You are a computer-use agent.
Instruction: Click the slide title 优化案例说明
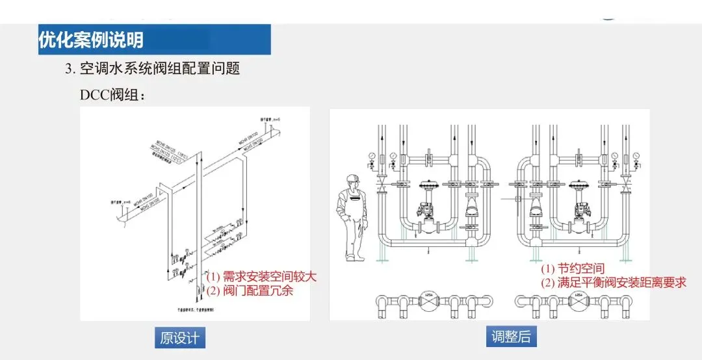point(90,40)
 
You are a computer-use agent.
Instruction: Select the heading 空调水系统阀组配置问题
point(160,68)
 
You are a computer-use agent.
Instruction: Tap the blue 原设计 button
point(179,339)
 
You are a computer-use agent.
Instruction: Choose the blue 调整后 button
point(511,337)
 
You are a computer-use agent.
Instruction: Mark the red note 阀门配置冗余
point(250,290)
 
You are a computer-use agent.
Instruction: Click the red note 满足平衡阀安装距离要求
point(614,283)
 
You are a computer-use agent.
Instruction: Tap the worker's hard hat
point(353,179)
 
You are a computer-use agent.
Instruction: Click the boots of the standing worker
point(354,257)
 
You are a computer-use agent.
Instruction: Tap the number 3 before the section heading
point(68,68)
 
